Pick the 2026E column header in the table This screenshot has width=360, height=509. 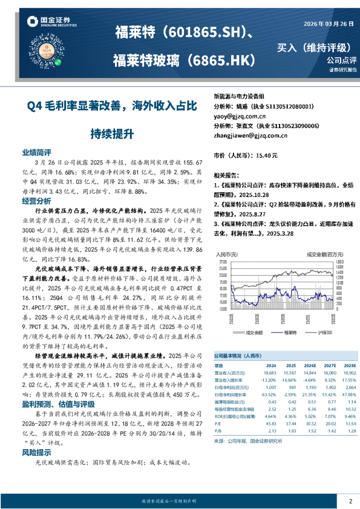pos(310,366)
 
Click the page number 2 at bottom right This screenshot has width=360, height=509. pos(350,501)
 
